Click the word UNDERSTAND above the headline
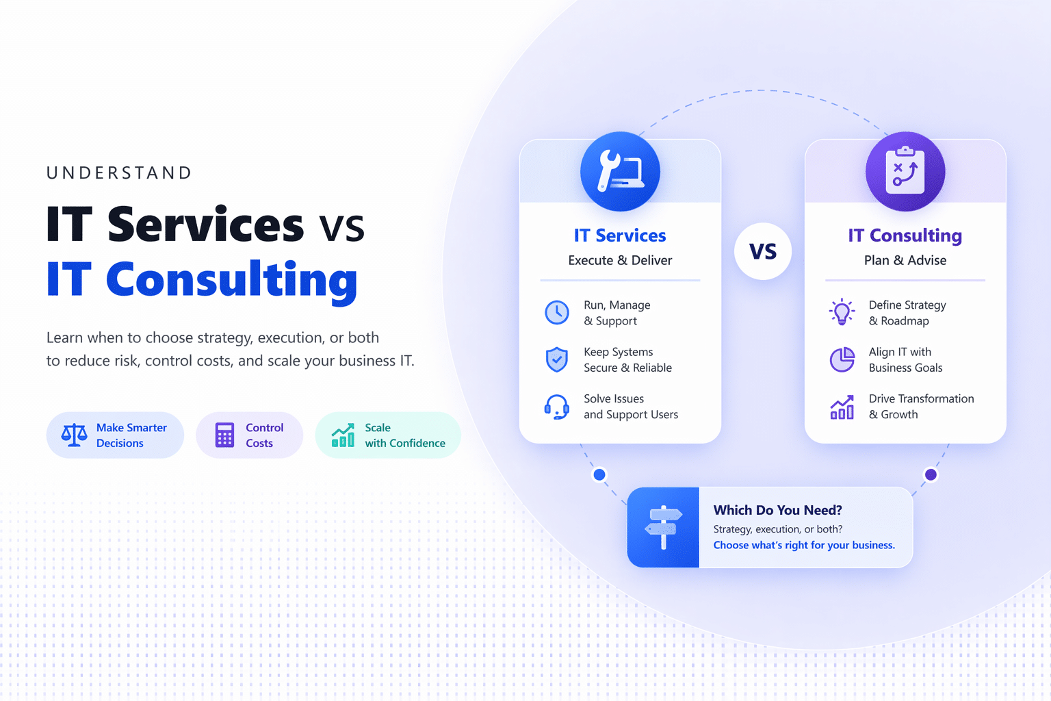pyautogui.click(x=118, y=173)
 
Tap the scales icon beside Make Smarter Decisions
pyautogui.click(x=74, y=435)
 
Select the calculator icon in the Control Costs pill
pyautogui.click(x=224, y=435)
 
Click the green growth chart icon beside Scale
pyautogui.click(x=343, y=435)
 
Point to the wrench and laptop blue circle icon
pyautogui.click(x=620, y=171)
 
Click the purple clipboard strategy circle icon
pyautogui.click(x=905, y=171)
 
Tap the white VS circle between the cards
pyautogui.click(x=763, y=251)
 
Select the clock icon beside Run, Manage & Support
pyautogui.click(x=557, y=312)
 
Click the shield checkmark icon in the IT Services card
pyautogui.click(x=557, y=359)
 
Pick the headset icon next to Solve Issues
pyautogui.click(x=557, y=407)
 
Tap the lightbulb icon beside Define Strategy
pyautogui.click(x=842, y=311)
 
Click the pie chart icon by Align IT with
pyautogui.click(x=842, y=359)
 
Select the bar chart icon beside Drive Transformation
pyautogui.click(x=842, y=407)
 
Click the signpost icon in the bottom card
pyautogui.click(x=664, y=527)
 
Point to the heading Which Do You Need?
pyautogui.click(x=777, y=510)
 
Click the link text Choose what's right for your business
pyautogui.click(x=804, y=545)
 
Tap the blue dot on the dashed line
pyautogui.click(x=599, y=474)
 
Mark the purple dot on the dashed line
pyautogui.click(x=931, y=474)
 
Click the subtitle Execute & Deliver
pyautogui.click(x=620, y=260)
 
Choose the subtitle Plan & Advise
pyautogui.click(x=905, y=260)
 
